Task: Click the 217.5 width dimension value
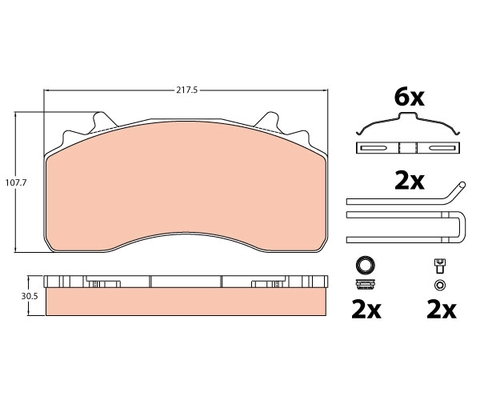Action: click(x=186, y=90)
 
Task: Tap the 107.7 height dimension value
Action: click(x=16, y=182)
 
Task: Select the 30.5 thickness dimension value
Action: click(x=30, y=296)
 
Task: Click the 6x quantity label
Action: click(x=409, y=98)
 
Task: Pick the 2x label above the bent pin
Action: click(x=410, y=182)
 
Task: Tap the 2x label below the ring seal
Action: click(x=366, y=310)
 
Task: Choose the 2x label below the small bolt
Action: click(x=441, y=310)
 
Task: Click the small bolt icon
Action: click(x=439, y=266)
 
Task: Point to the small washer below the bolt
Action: click(x=439, y=285)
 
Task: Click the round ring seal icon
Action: click(x=366, y=264)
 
